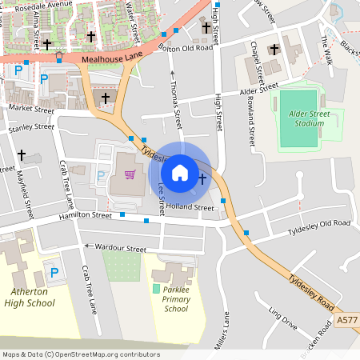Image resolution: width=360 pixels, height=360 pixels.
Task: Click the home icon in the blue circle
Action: (180, 172)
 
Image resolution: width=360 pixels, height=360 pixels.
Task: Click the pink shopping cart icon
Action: (128, 174)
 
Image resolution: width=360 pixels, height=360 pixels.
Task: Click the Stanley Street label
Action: (31, 127)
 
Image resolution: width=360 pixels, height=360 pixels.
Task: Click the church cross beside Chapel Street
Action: (274, 49)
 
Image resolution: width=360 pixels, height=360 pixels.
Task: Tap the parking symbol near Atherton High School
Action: (54, 273)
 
